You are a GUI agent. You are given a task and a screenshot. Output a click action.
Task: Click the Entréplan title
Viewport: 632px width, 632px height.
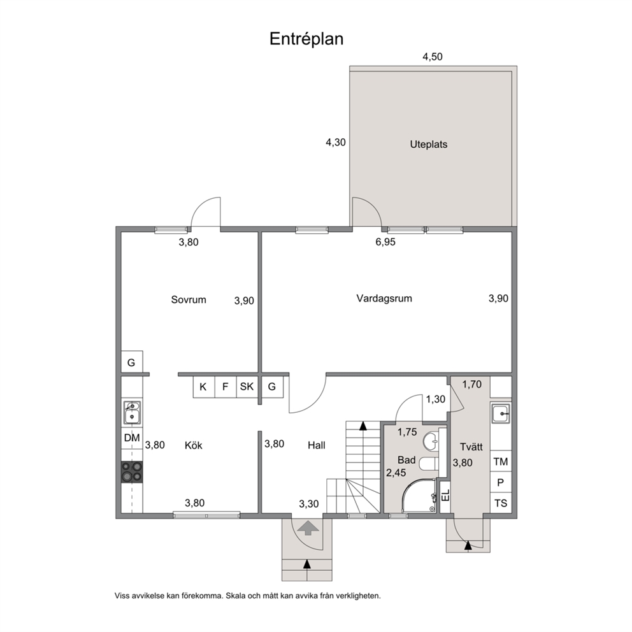pos(306,39)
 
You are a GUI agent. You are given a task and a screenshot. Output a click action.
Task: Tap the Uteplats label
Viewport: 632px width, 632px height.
pos(429,144)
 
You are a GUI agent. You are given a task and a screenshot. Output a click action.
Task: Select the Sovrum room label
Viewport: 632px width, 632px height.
pos(189,299)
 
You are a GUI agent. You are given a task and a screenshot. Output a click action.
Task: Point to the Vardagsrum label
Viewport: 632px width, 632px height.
pos(384,299)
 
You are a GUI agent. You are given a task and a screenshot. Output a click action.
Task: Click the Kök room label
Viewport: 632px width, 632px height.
pos(194,445)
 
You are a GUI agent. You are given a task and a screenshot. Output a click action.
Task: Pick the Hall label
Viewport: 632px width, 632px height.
pos(317,445)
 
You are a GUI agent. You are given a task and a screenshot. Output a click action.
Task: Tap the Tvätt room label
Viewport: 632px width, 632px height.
pos(471,447)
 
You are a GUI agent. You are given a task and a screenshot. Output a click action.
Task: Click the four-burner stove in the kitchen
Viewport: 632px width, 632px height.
pos(132,472)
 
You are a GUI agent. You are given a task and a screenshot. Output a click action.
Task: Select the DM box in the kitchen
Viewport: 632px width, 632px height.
pos(132,438)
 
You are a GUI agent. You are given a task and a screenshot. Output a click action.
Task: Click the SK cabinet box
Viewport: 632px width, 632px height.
pos(247,387)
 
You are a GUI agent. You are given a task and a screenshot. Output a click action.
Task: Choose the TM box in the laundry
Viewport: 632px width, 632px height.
pos(501,461)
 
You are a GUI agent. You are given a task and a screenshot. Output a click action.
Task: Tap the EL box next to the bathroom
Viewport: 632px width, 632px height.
pos(445,496)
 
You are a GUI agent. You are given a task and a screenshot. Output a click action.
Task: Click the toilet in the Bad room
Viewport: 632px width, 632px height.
pos(429,464)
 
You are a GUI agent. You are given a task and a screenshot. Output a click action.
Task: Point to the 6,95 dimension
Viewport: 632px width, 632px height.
pos(385,242)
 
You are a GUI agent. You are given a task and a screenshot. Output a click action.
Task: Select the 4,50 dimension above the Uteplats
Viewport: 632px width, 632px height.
pos(432,57)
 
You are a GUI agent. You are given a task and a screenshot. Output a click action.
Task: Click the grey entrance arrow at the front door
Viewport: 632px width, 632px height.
pos(308,528)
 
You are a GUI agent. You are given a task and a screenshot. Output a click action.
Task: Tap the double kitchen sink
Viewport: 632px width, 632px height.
pos(132,412)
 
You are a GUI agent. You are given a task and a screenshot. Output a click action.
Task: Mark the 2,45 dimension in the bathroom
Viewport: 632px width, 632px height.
pos(396,473)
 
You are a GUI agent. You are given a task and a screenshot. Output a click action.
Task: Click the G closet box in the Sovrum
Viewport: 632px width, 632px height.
pos(132,362)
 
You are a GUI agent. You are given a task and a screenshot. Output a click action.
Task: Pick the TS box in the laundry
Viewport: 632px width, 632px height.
pos(501,503)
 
